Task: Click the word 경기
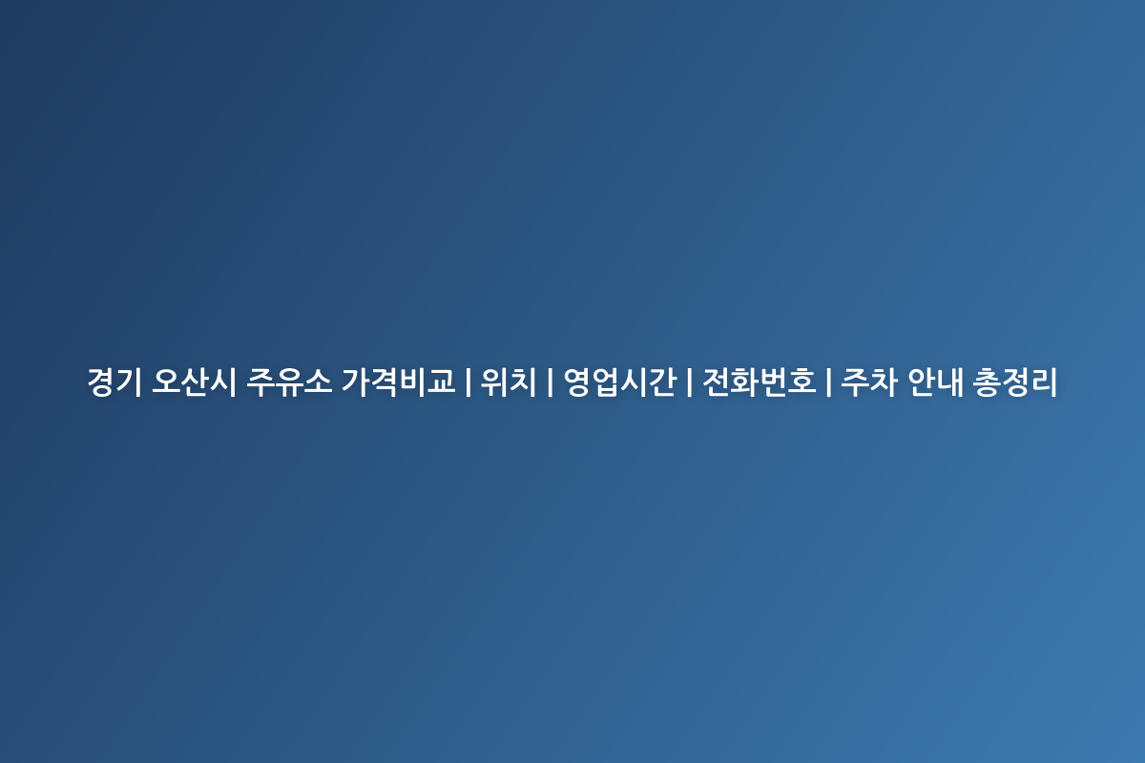click(x=114, y=381)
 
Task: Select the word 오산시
click(x=195, y=381)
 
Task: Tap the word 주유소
click(x=289, y=381)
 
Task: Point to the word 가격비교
click(x=398, y=381)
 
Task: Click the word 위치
click(x=508, y=381)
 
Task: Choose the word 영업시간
click(x=619, y=381)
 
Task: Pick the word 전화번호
click(x=760, y=381)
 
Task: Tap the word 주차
click(x=869, y=381)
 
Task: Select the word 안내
click(x=935, y=381)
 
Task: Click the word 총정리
click(x=1014, y=381)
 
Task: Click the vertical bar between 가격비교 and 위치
click(x=468, y=382)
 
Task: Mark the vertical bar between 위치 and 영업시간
click(x=550, y=382)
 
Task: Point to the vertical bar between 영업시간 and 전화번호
click(x=689, y=382)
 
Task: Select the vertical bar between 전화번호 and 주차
click(x=828, y=382)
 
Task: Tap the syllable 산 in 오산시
click(x=195, y=381)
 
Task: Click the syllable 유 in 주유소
click(x=289, y=381)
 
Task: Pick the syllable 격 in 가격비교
click(x=384, y=381)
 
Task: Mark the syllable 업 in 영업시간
click(x=605, y=381)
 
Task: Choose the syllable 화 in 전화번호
click(x=745, y=381)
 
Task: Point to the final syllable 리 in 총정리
click(x=1043, y=381)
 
